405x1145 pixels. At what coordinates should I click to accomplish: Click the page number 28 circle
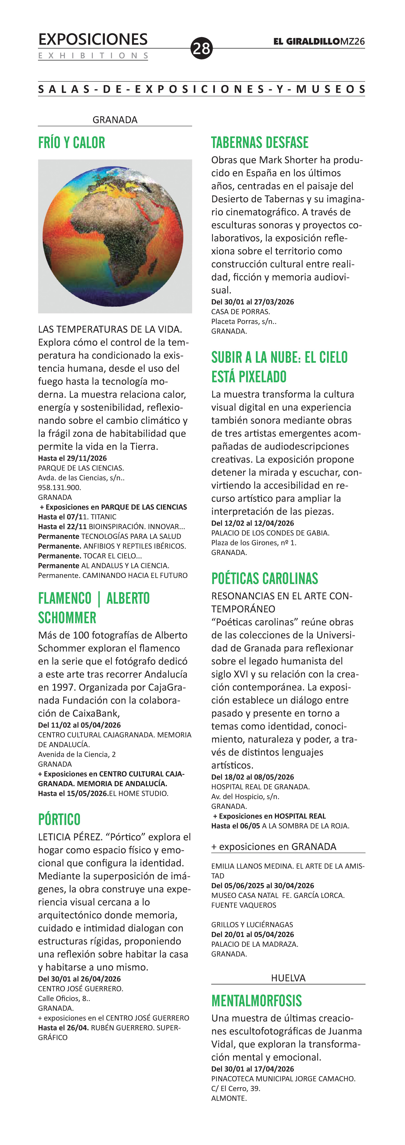click(201, 48)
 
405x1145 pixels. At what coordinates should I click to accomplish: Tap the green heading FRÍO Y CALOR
click(72, 143)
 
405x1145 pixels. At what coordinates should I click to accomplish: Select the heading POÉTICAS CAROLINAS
click(265, 579)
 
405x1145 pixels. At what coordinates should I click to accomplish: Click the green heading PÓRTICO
click(59, 819)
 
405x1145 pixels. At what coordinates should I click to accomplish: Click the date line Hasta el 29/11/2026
click(72, 458)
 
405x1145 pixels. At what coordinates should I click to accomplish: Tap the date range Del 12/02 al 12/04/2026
click(252, 523)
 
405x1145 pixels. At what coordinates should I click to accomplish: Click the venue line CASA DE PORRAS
click(241, 312)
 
